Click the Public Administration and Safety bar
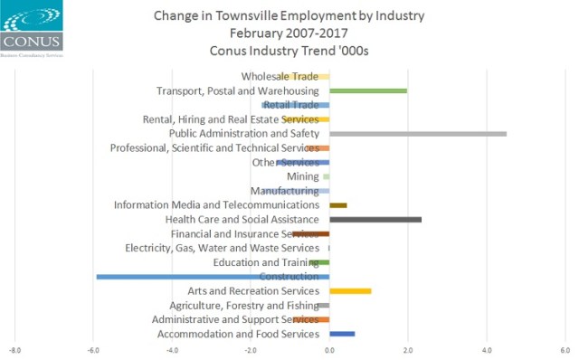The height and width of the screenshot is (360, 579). (x=418, y=134)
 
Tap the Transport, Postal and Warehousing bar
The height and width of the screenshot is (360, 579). (x=368, y=90)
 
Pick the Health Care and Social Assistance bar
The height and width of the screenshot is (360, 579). (x=375, y=220)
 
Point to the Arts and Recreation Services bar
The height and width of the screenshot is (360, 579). (x=350, y=291)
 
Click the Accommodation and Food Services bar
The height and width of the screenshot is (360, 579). (x=342, y=335)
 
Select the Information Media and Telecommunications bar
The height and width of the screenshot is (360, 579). (x=338, y=205)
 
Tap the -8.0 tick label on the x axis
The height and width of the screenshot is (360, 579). (x=14, y=351)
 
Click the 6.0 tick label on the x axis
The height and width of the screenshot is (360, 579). (x=565, y=351)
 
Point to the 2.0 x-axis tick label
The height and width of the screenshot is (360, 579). (x=408, y=351)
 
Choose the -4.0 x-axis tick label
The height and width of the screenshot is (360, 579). (x=172, y=351)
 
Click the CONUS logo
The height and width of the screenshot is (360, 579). (x=32, y=27)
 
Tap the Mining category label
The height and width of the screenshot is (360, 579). (x=302, y=176)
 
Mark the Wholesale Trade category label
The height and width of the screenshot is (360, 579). (x=280, y=76)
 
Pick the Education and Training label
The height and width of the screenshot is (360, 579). (x=266, y=262)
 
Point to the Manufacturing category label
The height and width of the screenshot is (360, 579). (x=284, y=191)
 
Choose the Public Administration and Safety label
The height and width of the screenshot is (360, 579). (x=244, y=134)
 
